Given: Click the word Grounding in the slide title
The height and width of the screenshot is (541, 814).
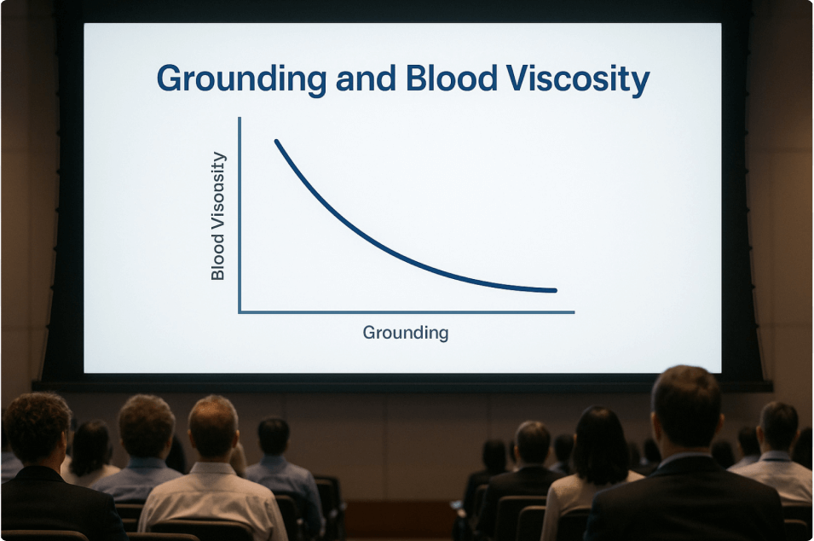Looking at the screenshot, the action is tap(241, 80).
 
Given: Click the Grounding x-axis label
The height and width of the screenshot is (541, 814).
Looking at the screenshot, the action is tap(406, 333).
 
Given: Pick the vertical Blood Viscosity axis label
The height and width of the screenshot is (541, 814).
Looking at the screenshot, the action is tap(218, 216).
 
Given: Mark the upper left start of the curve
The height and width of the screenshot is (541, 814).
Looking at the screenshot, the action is tap(276, 141).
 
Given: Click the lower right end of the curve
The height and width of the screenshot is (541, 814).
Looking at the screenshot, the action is tap(555, 290).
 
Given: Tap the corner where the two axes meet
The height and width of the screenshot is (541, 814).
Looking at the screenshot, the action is tap(240, 312).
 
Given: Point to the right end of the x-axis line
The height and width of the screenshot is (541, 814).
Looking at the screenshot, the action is tap(574, 312).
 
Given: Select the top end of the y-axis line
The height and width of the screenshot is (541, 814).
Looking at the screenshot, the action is tap(240, 118).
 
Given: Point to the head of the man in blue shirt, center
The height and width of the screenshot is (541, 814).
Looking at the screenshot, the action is tap(274, 437).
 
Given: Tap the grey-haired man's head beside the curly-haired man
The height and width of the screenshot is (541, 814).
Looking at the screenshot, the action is tap(146, 426).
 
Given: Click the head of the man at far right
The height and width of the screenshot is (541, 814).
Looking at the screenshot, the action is tap(777, 426).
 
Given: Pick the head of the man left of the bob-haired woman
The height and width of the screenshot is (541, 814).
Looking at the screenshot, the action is tap(533, 443).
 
